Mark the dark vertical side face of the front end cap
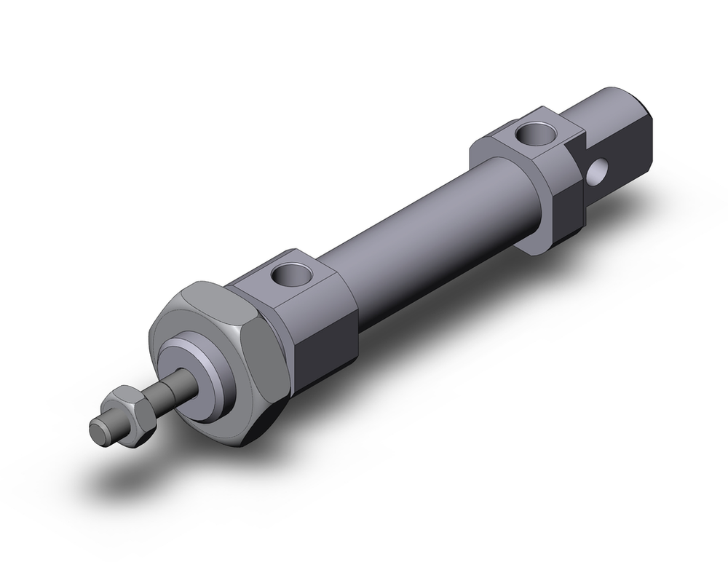point(328,335)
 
